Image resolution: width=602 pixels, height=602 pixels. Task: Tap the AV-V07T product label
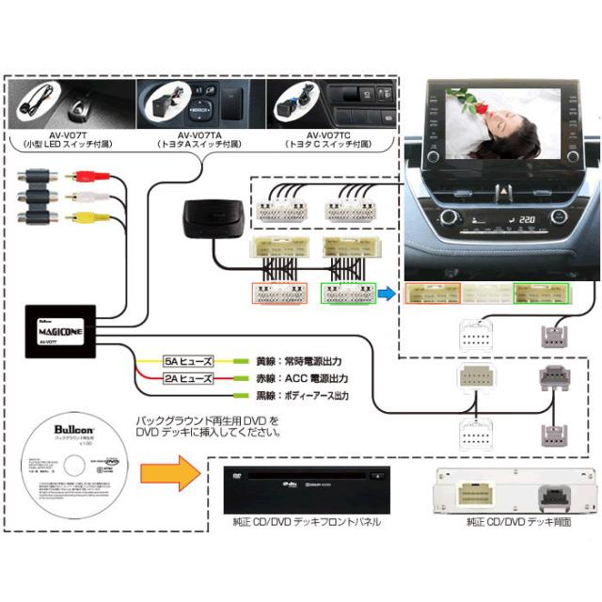coord(58,135)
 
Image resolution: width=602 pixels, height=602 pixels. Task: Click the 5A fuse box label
coord(188,361)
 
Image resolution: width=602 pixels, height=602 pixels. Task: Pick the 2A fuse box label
coord(188,379)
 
